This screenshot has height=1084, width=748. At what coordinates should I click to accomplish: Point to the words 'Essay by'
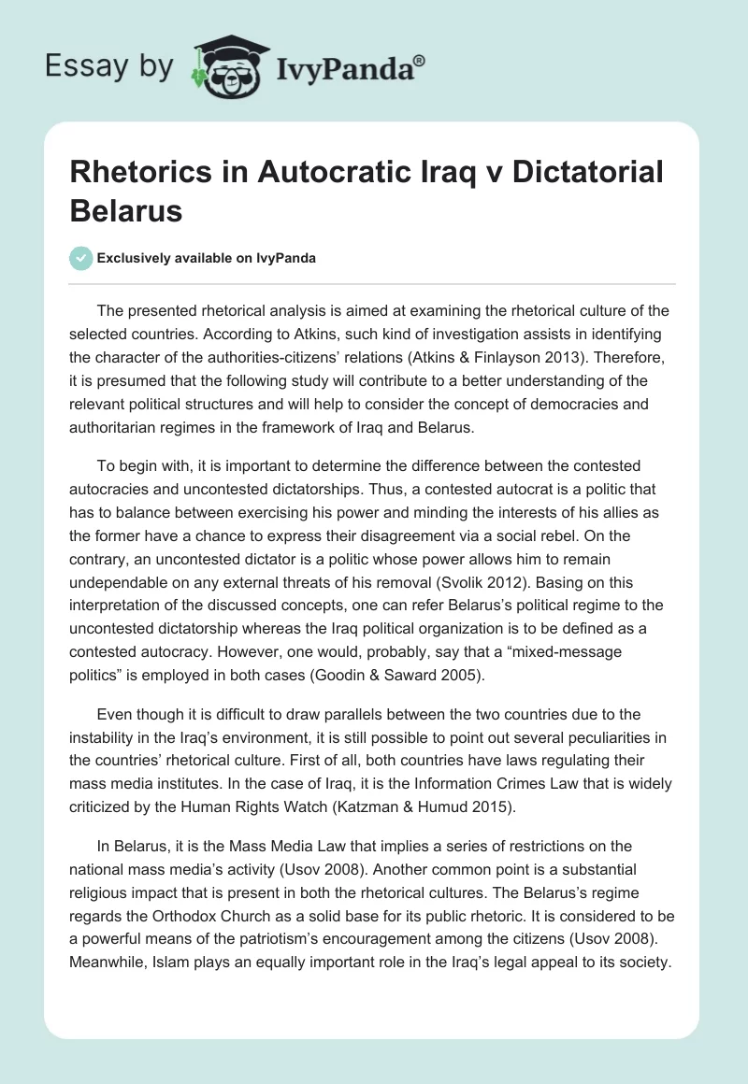tap(109, 66)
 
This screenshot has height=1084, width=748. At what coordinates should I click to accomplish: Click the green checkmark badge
tap(81, 258)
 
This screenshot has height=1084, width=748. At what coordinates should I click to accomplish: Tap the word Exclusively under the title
tap(137, 258)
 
